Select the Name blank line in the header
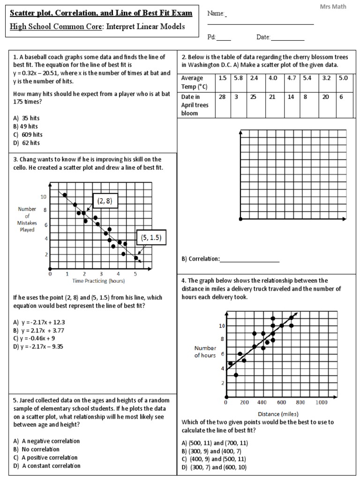pyautogui.click(x=261, y=23)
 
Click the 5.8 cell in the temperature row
pyautogui.click(x=239, y=78)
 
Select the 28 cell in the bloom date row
pyautogui.click(x=223, y=97)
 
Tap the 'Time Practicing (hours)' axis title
pyautogui.click(x=98, y=281)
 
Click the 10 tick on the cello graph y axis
pyautogui.click(x=44, y=197)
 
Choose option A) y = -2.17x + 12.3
pyautogui.click(x=39, y=322)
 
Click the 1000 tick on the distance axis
pyautogui.click(x=322, y=402)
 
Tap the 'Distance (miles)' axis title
pyautogui.click(x=276, y=414)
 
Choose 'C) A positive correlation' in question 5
pyautogui.click(x=45, y=457)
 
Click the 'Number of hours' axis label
pyautogui.click(x=205, y=352)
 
